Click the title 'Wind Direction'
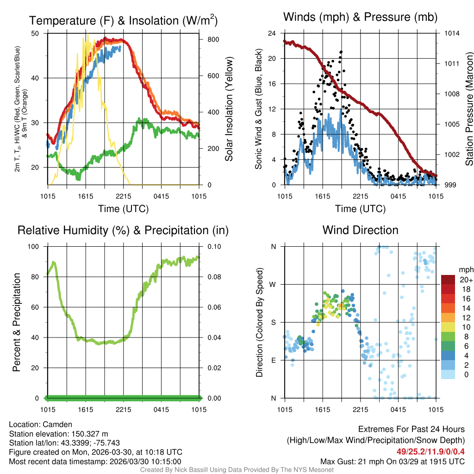(x=360, y=230)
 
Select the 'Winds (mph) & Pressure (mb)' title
(x=360, y=18)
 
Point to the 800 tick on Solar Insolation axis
(x=213, y=40)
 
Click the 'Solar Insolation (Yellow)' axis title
(x=229, y=109)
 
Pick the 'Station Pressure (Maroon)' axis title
(x=468, y=109)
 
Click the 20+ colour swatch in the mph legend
(x=449, y=280)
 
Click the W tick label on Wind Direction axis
(x=274, y=284)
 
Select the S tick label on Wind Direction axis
(x=274, y=322)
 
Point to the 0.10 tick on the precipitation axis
(x=212, y=246)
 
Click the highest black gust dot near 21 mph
(x=341, y=52)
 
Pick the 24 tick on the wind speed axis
(x=272, y=33)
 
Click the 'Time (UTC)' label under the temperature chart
(x=123, y=209)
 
